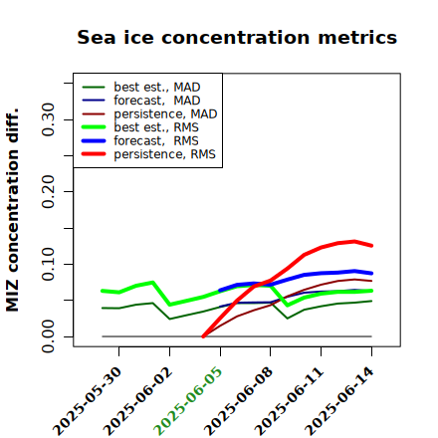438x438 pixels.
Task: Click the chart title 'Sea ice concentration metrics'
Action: click(x=237, y=37)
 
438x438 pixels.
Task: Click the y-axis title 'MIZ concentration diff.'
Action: click(x=12, y=210)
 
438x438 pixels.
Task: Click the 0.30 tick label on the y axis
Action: click(x=49, y=119)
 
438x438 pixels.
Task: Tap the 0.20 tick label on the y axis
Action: click(x=49, y=191)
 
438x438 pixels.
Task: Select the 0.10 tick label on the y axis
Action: click(x=49, y=264)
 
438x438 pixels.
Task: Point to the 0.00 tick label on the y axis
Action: click(x=49, y=336)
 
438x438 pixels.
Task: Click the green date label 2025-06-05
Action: click(x=188, y=401)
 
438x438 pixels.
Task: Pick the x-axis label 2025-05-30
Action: click(x=87, y=401)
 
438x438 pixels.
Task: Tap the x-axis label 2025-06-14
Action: click(x=339, y=401)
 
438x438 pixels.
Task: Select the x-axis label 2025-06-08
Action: click(x=238, y=401)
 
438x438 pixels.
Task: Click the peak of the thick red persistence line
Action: click(x=354, y=241)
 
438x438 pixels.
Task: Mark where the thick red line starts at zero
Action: click(x=203, y=336)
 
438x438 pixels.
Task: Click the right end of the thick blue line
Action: click(x=371, y=273)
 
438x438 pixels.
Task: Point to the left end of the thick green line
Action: click(x=103, y=291)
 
